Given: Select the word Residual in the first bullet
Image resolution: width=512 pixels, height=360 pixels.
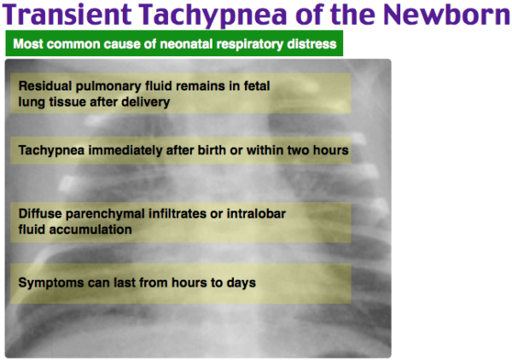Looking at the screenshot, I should tap(42, 87).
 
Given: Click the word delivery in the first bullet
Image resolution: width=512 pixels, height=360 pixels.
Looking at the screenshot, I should tap(148, 102).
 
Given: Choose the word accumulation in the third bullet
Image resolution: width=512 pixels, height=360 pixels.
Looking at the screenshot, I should tap(88, 229).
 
